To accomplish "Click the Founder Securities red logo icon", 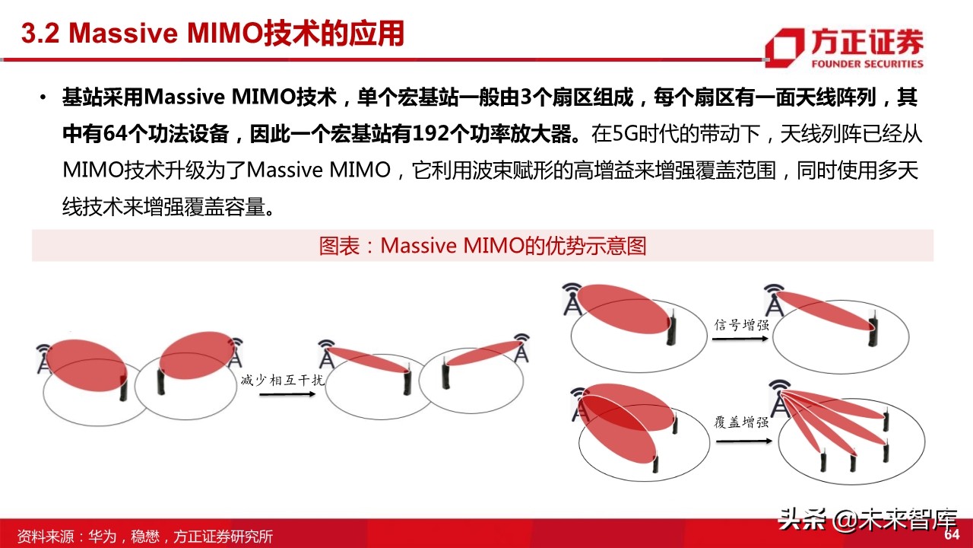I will coord(784,45).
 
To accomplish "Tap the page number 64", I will coord(951,535).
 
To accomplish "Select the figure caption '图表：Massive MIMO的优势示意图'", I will coord(482,246).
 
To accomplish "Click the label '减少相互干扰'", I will coord(282,380).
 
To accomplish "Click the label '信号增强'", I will coord(741,324).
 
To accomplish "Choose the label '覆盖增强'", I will coord(741,422).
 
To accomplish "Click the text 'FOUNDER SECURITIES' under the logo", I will coord(867,64).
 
